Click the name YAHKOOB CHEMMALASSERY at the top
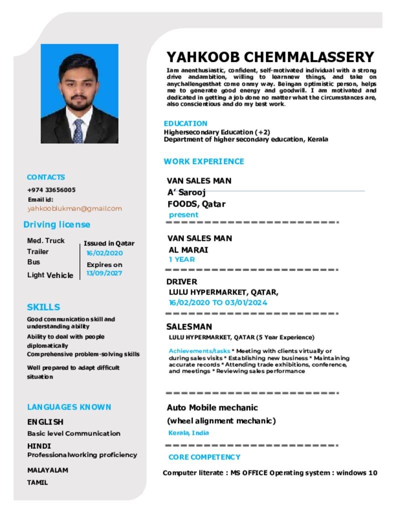(270, 57)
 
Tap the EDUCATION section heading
(185, 123)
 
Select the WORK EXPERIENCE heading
(204, 161)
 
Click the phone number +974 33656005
(51, 190)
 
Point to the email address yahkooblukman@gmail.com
(75, 208)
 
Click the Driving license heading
(57, 224)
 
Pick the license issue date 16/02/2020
(104, 253)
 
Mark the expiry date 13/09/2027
(104, 273)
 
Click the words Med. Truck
(46, 240)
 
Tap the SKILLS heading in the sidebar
(44, 307)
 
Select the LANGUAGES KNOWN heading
(69, 407)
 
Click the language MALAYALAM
(48, 470)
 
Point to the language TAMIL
(38, 482)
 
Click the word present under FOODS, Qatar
(183, 215)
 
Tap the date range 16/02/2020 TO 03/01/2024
(218, 302)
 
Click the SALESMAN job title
(189, 327)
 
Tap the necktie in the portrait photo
(79, 131)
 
